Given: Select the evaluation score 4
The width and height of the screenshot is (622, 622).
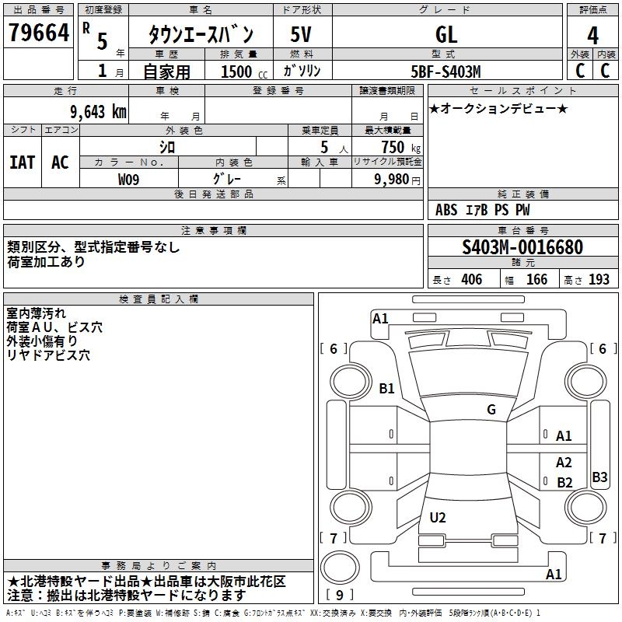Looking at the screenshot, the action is (592, 35).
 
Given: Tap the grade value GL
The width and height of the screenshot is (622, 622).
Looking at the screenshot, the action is (446, 34).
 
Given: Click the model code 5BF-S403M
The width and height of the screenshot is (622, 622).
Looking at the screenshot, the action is (446, 72).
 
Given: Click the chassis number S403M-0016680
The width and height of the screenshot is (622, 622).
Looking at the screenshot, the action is (522, 247).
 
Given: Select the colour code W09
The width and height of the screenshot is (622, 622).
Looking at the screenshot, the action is (130, 179).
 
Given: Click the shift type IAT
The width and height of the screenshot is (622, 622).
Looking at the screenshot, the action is (22, 162).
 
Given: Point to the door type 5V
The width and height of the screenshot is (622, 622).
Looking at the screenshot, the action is (302, 34).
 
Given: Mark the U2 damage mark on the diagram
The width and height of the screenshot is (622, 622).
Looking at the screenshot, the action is (438, 518).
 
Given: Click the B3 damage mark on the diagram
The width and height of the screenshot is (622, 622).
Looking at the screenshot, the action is (599, 477).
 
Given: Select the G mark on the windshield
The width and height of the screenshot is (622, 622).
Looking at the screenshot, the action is (491, 410).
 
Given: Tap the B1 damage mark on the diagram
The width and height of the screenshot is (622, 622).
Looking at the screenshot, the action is (386, 388).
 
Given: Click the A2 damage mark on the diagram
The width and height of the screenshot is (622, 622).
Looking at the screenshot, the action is (564, 462).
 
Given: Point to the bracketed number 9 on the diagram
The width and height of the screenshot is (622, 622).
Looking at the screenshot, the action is (339, 596).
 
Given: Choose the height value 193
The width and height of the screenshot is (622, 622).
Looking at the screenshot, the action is (599, 280).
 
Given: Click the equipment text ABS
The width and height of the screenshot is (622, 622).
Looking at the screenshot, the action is (446, 210).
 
